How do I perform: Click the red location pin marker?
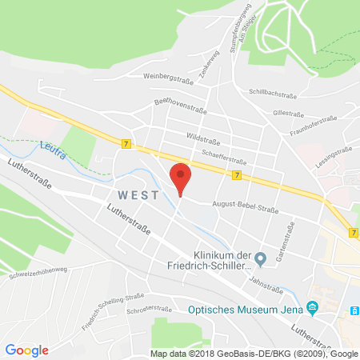click(x=182, y=177)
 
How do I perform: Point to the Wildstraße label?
click(x=203, y=137)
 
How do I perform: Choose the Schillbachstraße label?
click(x=273, y=93)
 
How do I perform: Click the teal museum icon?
click(x=313, y=306)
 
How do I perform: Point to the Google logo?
click(x=26, y=350)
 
